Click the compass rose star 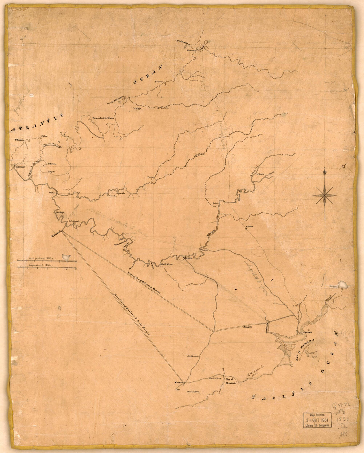[324, 195]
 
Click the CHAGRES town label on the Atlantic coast [19, 168]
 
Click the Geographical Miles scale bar [46, 267]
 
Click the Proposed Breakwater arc [51, 147]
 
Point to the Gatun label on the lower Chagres [52, 192]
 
